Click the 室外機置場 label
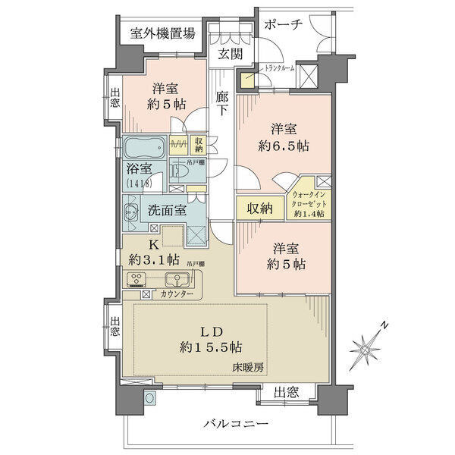pos(162,33)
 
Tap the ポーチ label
pos(283,24)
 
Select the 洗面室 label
pos(167,211)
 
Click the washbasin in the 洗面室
pos(130,214)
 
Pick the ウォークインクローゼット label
pos(309,197)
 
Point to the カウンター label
pos(177,294)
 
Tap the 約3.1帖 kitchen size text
pos(154,260)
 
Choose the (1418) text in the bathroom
pos(139,184)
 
